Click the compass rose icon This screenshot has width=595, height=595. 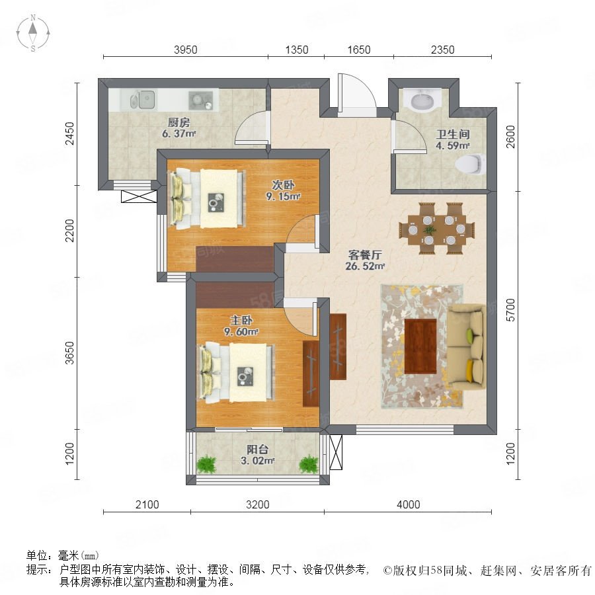click(x=33, y=33)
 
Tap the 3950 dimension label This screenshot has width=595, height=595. click(x=186, y=50)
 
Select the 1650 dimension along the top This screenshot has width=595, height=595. click(x=358, y=50)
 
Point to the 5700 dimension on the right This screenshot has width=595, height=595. click(x=511, y=310)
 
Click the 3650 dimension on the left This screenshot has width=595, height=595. click(x=70, y=353)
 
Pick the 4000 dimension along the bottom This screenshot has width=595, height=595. click(x=409, y=504)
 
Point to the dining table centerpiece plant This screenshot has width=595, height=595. click(x=430, y=229)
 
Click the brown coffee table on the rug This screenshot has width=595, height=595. click(x=420, y=346)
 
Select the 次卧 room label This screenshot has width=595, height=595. click(x=283, y=185)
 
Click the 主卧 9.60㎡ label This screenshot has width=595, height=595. click(x=241, y=326)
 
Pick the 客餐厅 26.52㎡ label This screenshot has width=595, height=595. click(x=365, y=260)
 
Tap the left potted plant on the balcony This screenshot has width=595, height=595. click(x=206, y=463)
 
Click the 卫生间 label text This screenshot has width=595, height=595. click(x=453, y=134)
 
